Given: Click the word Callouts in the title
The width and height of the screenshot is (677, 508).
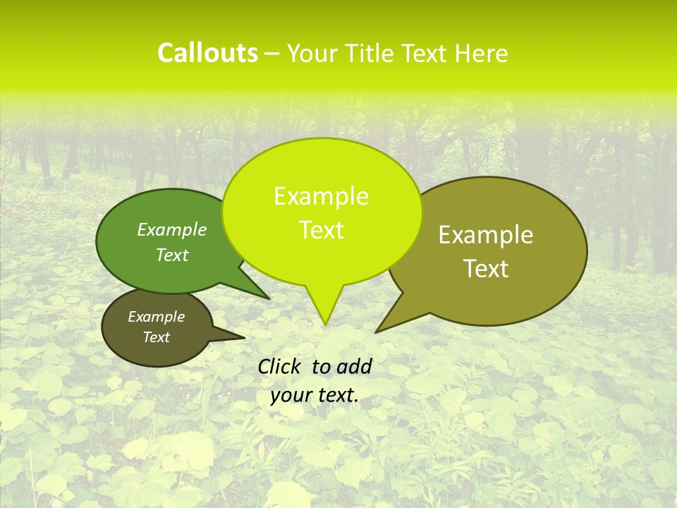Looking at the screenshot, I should point(207,53).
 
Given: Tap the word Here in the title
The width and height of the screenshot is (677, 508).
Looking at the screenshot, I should point(480,53).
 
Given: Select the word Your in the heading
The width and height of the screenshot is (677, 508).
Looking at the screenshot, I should point(313,53).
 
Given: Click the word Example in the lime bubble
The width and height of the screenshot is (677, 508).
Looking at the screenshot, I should point(321,196).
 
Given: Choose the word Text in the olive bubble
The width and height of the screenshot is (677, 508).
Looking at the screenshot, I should point(487,269).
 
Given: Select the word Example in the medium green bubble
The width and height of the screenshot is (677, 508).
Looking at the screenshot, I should point(172,230).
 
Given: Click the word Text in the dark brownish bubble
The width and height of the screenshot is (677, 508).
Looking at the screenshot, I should point(156,337).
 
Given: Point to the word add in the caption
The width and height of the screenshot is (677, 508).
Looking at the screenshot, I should point(354,366).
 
